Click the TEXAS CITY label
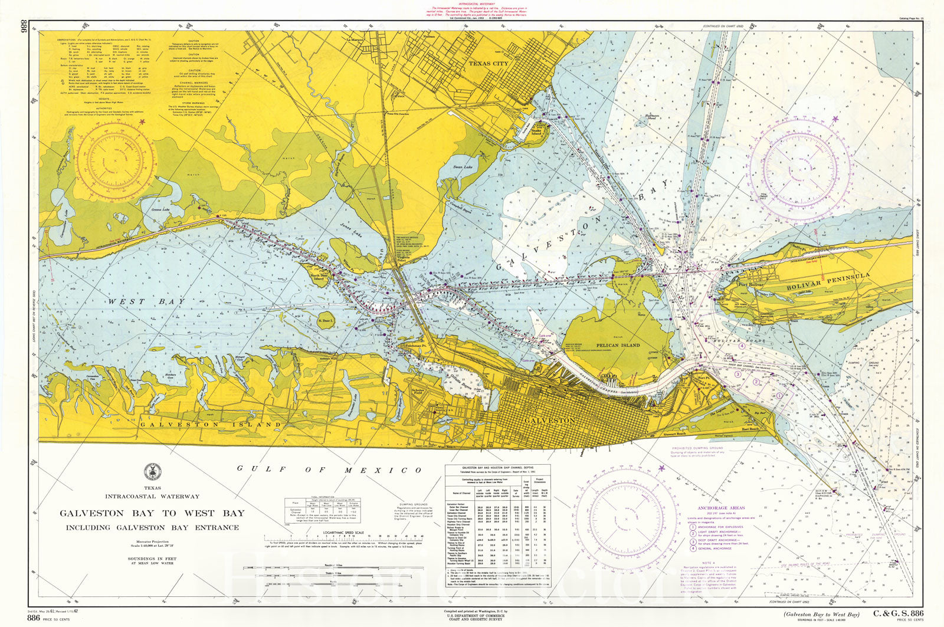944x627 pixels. coord(489,63)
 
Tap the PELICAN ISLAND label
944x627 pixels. coord(618,345)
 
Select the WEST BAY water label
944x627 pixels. coord(146,301)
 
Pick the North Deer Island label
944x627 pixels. coord(318,278)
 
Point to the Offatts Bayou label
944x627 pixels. coord(468,384)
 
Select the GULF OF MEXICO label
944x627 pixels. coord(329,470)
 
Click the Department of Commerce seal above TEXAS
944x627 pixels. coord(152,472)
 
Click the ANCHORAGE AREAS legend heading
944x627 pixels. coord(721,508)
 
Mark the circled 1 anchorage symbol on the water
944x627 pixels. coord(779,396)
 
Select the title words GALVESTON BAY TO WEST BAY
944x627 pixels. coord(152,513)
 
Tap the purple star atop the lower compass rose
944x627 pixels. coord(661,468)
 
